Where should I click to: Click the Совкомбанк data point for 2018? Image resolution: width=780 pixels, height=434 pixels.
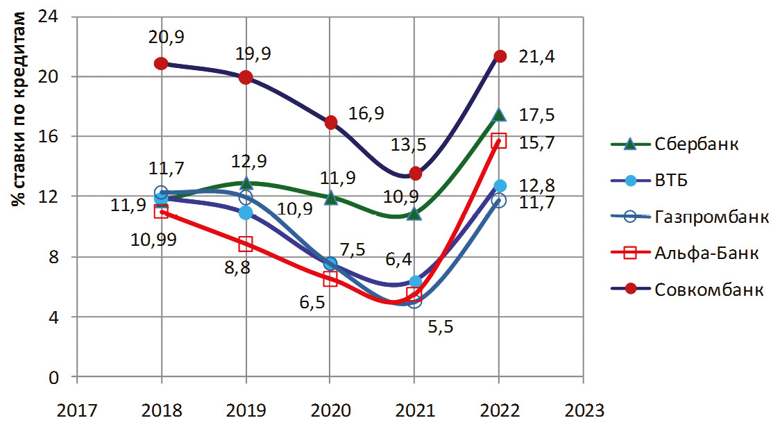click(x=161, y=63)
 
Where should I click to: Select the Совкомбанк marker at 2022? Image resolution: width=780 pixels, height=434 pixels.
click(x=499, y=56)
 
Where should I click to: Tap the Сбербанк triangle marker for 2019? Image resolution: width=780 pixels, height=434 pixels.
click(x=246, y=183)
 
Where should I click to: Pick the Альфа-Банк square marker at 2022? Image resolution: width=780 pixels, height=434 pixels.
click(x=499, y=141)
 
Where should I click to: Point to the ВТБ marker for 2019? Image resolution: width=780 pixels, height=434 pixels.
click(x=246, y=212)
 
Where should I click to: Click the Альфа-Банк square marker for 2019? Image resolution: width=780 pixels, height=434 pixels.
click(x=246, y=244)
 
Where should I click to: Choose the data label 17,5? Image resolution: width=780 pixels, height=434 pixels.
click(x=536, y=115)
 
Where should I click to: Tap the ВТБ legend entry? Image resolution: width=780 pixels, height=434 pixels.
click(x=672, y=181)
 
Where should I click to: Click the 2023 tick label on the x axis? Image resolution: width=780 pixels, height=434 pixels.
click(x=583, y=410)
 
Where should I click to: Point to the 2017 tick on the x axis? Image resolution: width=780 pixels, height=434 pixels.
click(x=77, y=410)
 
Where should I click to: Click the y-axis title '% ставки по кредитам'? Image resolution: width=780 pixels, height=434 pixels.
click(x=21, y=111)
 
